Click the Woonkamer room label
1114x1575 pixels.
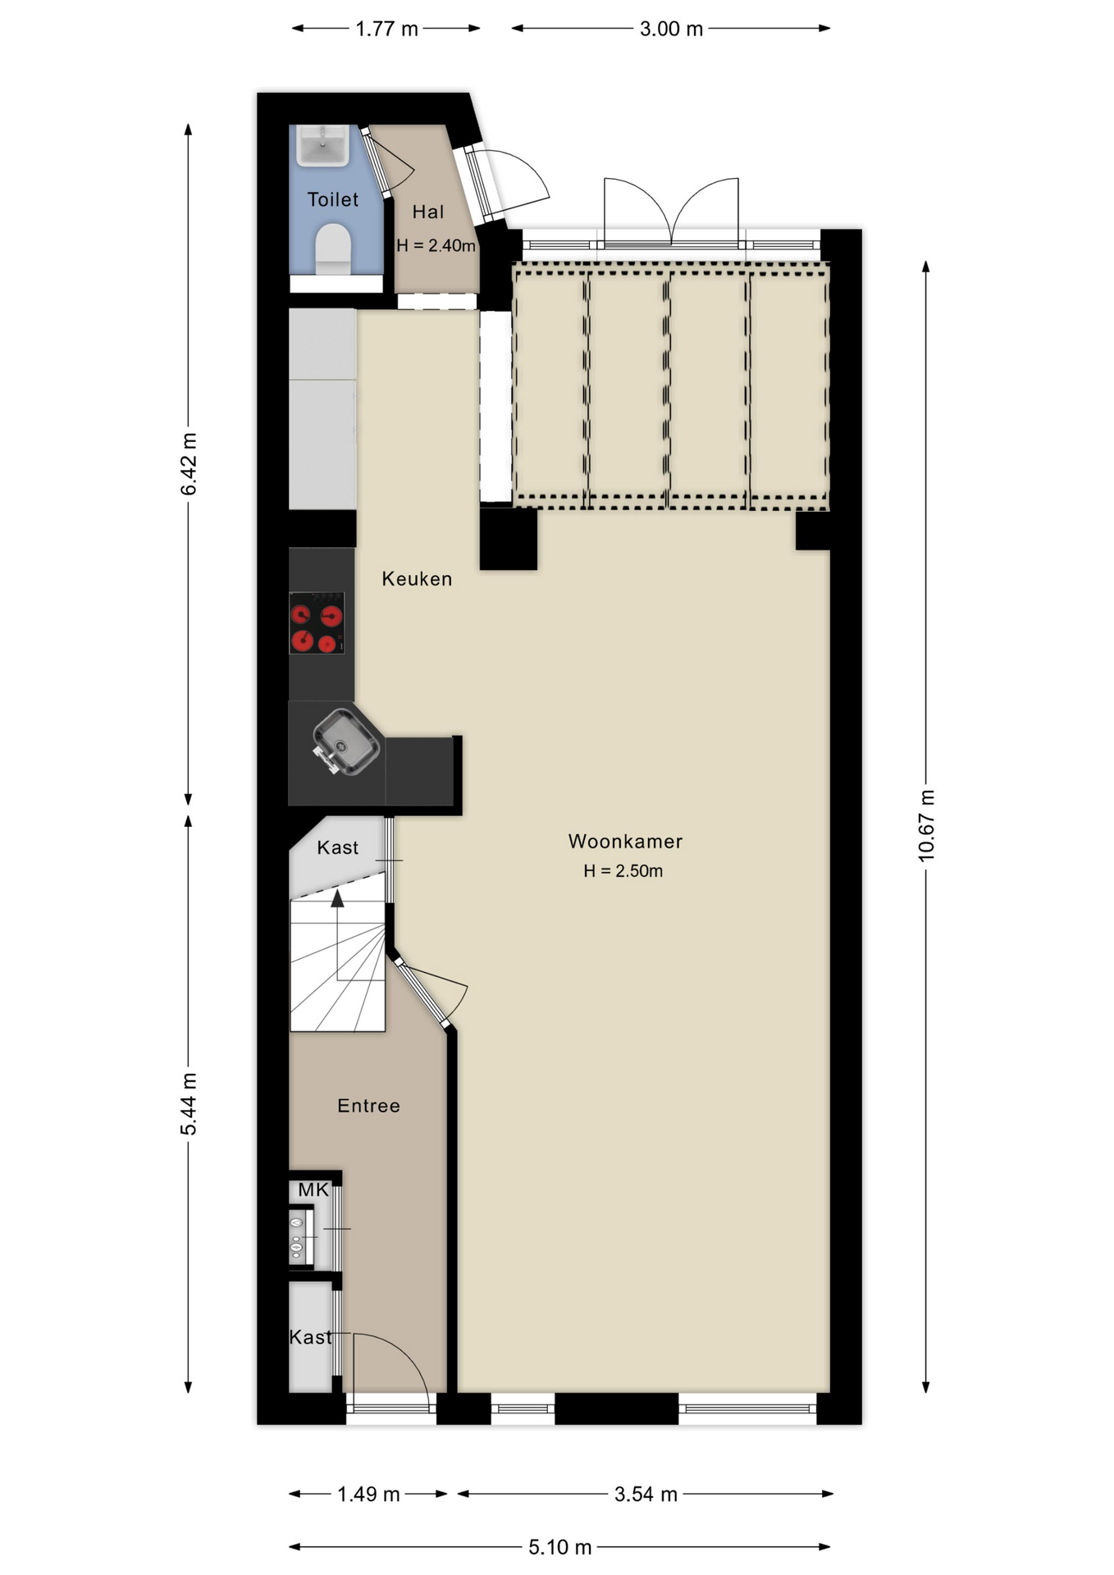625,841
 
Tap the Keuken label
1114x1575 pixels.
417,578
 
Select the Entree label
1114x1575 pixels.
368,1105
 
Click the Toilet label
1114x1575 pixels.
332,199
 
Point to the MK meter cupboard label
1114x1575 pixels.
313,1189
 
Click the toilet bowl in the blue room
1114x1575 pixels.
333,249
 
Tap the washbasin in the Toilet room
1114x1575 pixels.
322,145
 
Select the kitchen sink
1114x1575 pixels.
346,742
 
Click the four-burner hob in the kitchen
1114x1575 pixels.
317,623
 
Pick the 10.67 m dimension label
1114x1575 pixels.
926,825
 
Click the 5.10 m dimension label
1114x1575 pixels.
559,1547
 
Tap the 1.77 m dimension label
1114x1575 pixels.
386,30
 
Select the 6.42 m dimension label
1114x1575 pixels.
189,463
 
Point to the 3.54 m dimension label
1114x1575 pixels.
646,1494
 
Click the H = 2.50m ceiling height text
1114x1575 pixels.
623,871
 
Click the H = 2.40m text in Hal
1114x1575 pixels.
436,245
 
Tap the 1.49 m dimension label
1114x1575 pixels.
368,1494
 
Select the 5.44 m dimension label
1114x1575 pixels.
189,1103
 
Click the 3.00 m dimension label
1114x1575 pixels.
671,30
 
